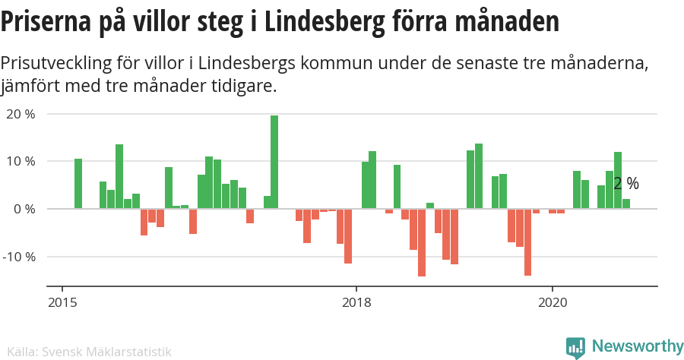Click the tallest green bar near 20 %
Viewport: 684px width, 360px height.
(274, 162)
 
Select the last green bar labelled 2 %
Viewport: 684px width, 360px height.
(626, 204)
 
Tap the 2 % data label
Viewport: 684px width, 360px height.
(626, 184)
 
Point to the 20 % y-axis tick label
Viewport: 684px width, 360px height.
(21, 114)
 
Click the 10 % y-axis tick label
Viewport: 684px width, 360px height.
(21, 161)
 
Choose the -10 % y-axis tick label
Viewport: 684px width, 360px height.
(19, 256)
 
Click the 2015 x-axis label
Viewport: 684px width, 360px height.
(62, 302)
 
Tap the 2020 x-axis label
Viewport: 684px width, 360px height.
(552, 302)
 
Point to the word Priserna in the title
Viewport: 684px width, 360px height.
(46, 23)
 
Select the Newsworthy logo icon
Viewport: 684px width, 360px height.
(575, 348)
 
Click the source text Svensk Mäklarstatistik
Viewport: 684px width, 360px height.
(106, 352)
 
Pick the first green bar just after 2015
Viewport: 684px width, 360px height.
(78, 184)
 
